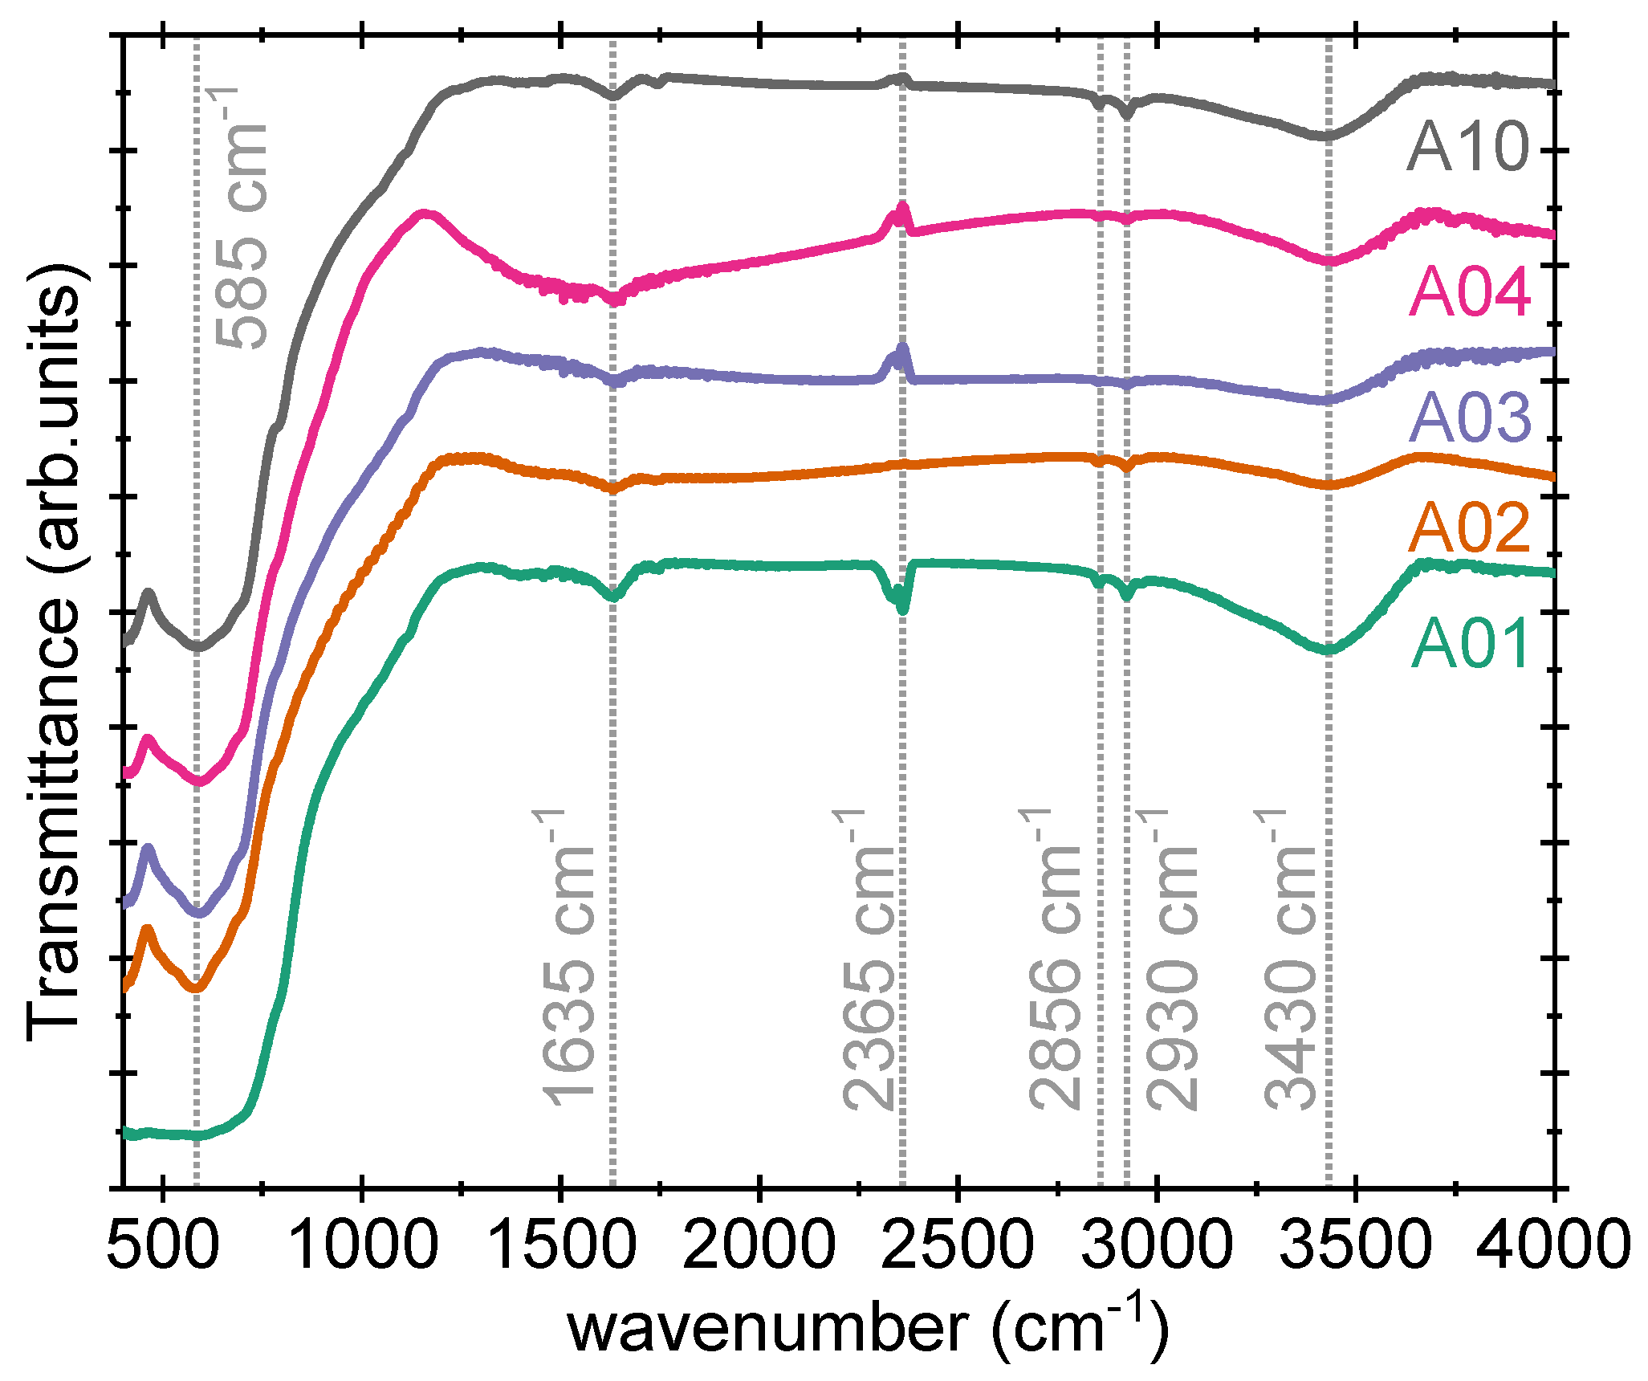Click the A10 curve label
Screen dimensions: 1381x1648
click(x=1468, y=148)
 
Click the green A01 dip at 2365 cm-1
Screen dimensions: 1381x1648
click(x=902, y=609)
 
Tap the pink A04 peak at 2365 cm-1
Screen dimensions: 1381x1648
click(x=903, y=207)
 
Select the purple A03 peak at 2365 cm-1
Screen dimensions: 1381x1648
click(x=903, y=348)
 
